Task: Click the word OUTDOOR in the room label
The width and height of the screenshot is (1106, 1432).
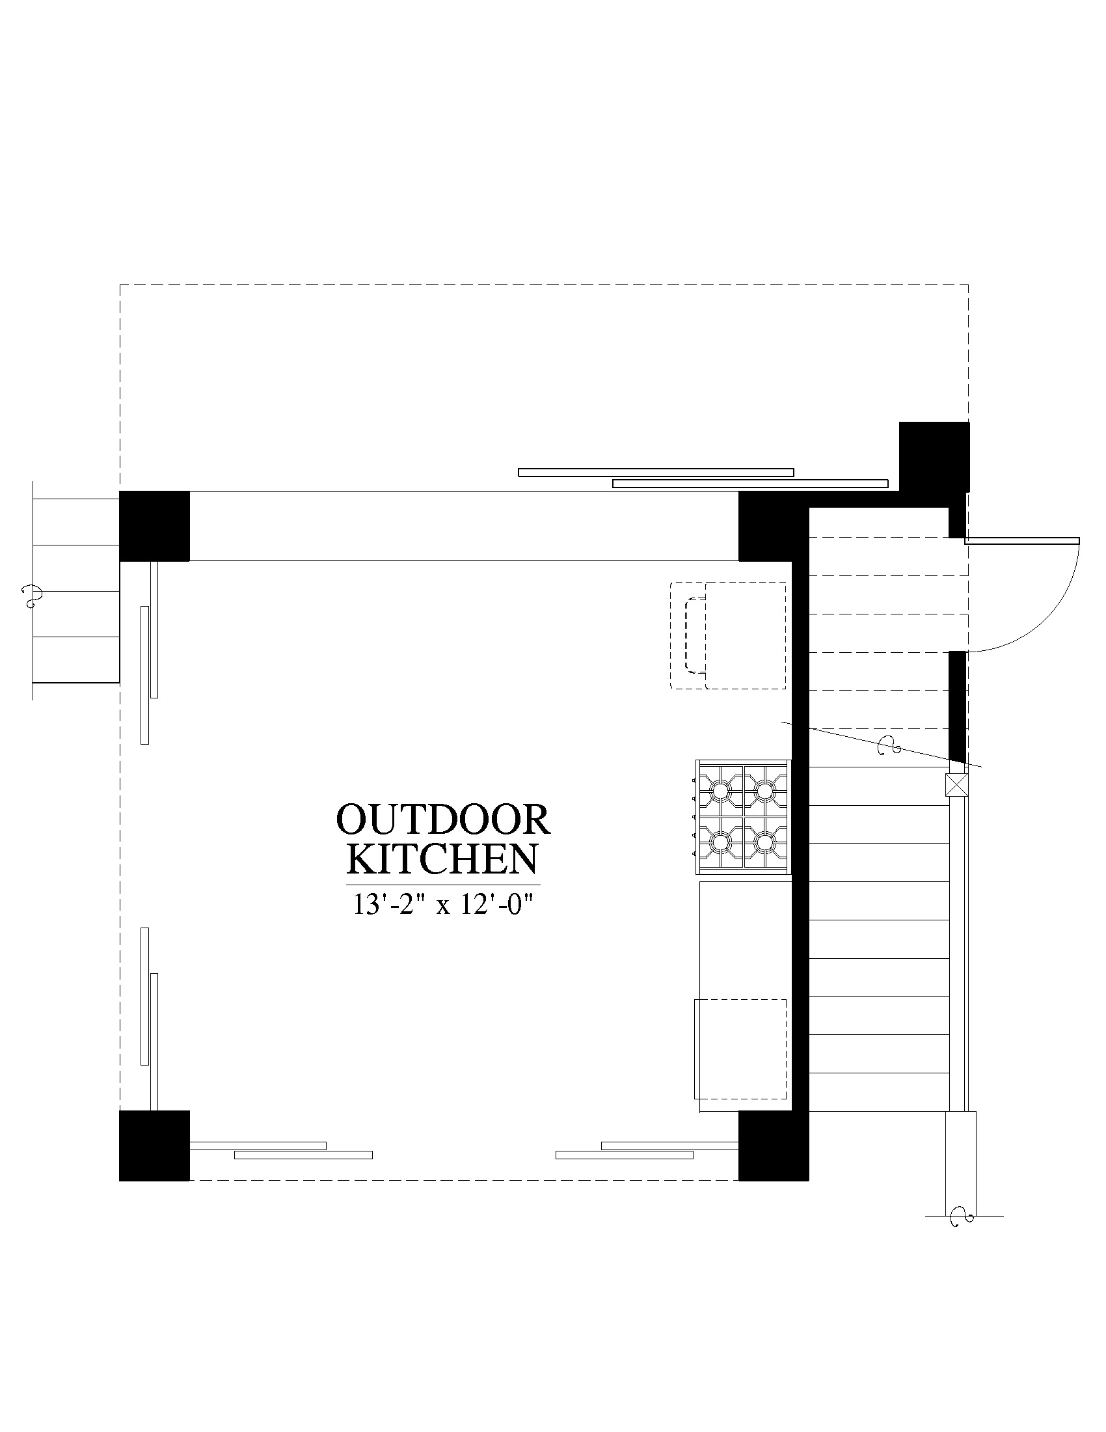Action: pos(443,819)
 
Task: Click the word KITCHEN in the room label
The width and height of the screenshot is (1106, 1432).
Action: pos(442,859)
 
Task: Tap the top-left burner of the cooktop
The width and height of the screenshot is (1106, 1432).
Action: pos(720,791)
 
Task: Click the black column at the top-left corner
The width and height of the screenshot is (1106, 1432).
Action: pos(154,526)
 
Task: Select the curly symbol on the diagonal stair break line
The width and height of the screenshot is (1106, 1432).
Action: pos(889,745)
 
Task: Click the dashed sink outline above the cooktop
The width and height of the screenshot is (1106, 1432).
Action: pos(728,635)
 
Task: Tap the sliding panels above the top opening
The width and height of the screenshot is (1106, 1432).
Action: pos(703,477)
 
